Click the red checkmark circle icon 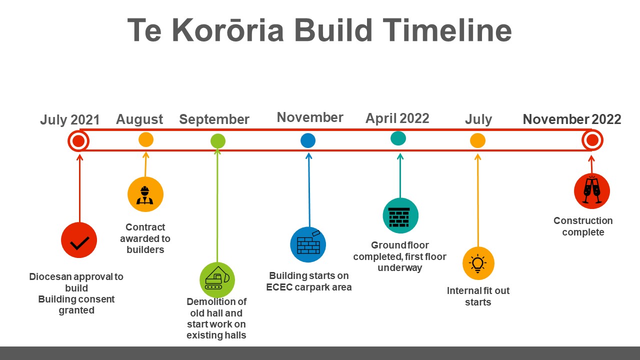click(79, 240)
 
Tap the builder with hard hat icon click(145, 194)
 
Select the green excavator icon click(217, 280)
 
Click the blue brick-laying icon click(308, 244)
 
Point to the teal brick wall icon click(400, 215)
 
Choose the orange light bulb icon click(478, 263)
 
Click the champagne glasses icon click(592, 191)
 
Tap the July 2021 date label click(69, 119)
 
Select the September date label click(214, 119)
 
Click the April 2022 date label click(397, 118)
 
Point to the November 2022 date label click(572, 119)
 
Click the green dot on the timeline click(218, 141)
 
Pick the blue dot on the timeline click(308, 140)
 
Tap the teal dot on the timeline click(398, 138)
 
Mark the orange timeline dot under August click(146, 139)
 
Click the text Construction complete click(583, 226)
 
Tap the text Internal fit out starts click(478, 296)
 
